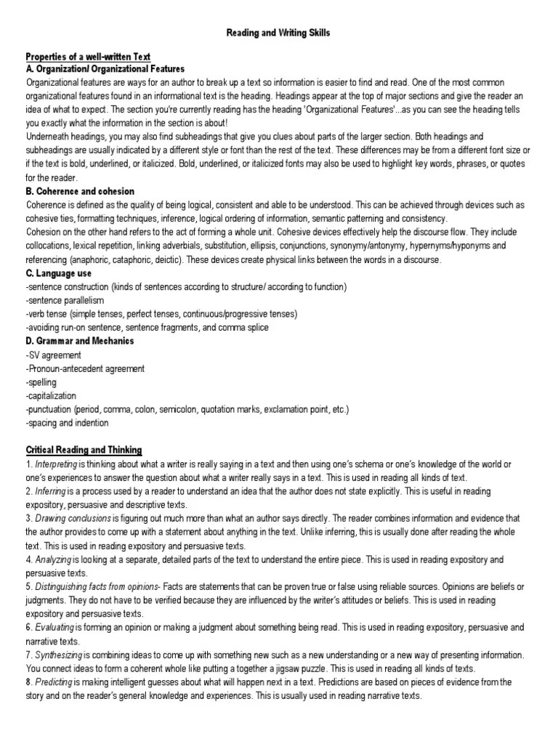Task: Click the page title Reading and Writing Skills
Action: pyautogui.click(x=280, y=33)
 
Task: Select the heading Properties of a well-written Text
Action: pyautogui.click(x=88, y=57)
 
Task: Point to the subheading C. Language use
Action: pyautogui.click(x=59, y=273)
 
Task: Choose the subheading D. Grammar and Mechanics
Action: pyautogui.click(x=80, y=341)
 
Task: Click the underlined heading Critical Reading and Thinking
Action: pyautogui.click(x=84, y=450)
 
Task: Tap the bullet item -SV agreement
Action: pyautogui.click(x=53, y=355)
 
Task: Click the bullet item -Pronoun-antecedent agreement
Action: pyautogui.click(x=85, y=368)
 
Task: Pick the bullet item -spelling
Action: pyautogui.click(x=41, y=382)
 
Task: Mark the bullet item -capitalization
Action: pyautogui.click(x=51, y=396)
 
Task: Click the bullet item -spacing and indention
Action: pyautogui.click(x=67, y=423)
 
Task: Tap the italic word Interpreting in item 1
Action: pyautogui.click(x=56, y=464)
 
